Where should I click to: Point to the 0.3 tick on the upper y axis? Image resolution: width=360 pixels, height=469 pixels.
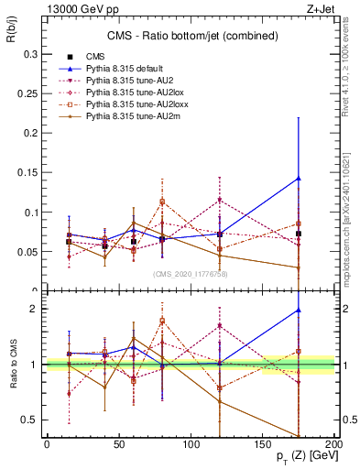click(x=30, y=55)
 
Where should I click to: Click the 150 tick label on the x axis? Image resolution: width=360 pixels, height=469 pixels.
click(x=263, y=444)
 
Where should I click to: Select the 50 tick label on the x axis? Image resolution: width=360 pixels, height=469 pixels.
click(x=118, y=444)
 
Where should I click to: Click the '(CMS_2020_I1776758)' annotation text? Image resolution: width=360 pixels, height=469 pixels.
click(x=190, y=273)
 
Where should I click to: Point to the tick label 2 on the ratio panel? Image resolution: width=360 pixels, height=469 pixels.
click(x=35, y=310)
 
